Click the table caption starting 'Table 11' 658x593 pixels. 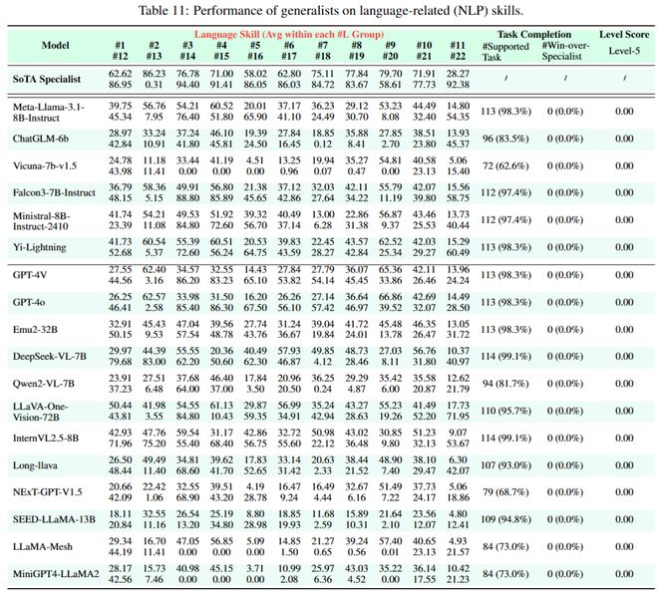[328, 11]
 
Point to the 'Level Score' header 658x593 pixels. [623, 34]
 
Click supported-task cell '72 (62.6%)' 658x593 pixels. [504, 165]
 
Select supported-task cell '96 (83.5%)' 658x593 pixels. [504, 139]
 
